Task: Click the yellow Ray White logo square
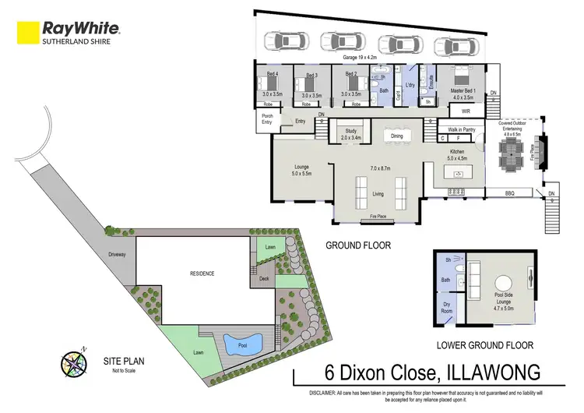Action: point(29,32)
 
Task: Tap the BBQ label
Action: point(510,192)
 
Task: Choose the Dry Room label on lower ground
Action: point(448,309)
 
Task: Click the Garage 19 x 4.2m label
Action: point(361,58)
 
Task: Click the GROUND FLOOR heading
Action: point(359,245)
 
